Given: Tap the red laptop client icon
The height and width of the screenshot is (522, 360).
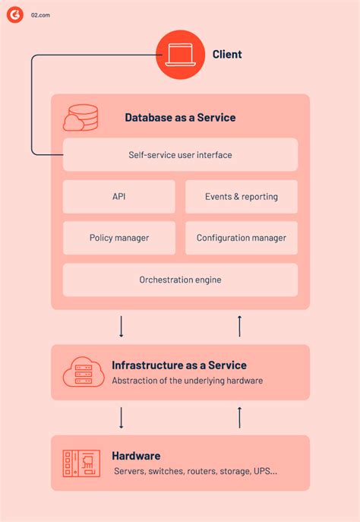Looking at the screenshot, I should tap(181, 54).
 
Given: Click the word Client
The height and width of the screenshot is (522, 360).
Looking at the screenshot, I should tap(227, 54).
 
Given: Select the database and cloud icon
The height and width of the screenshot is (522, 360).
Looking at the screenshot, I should tap(81, 118).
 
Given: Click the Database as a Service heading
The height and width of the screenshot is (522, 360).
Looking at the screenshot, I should tap(180, 118).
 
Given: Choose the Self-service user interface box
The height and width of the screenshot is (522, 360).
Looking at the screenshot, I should tap(180, 155).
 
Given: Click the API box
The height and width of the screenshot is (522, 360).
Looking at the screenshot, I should tap(118, 197).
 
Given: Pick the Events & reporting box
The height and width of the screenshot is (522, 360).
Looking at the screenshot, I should tap(242, 197).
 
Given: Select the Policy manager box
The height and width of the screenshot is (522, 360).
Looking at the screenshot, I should tap(118, 238).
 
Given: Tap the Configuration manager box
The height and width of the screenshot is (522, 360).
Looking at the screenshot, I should tap(242, 238).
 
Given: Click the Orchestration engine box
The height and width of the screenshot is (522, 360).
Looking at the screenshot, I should tap(180, 280).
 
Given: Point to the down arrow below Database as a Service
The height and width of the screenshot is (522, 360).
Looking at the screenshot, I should tap(122, 327).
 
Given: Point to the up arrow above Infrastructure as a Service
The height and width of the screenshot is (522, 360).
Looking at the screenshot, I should tap(240, 327).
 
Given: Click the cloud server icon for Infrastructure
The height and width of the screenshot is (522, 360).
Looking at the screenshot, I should tap(83, 372).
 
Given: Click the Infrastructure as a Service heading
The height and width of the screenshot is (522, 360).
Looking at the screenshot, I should tap(179, 365).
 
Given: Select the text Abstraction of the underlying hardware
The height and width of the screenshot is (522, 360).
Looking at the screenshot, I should tap(187, 381).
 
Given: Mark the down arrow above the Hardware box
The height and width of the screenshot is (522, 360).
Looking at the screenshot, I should tap(122, 417).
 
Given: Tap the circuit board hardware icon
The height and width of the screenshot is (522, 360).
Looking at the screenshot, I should tap(82, 463).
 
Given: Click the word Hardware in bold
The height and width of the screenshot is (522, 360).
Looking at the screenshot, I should tap(136, 456).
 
